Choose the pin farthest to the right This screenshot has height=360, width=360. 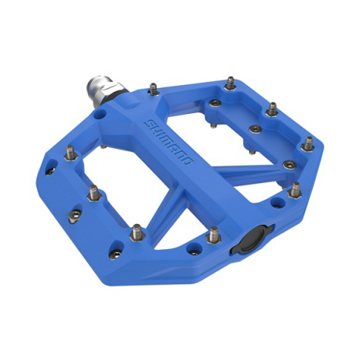pos(308,143)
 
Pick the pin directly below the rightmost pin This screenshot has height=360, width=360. pos(295,189)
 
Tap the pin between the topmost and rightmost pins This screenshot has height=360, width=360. pos(272,107)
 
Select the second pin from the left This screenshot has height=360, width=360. pos(91,191)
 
